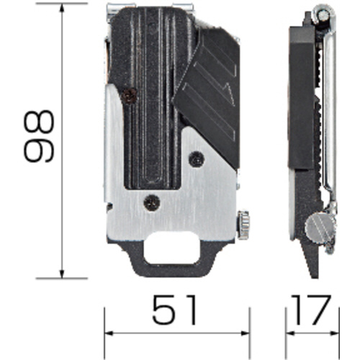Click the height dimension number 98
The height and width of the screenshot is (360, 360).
pyautogui.click(x=39, y=136)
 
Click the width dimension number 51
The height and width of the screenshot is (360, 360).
pyautogui.click(x=174, y=310)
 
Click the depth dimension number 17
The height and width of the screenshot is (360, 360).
pyautogui.click(x=311, y=310)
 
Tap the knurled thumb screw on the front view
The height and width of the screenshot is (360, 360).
pyautogui.click(x=244, y=225)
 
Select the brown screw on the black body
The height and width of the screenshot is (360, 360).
pyautogui.click(x=129, y=96)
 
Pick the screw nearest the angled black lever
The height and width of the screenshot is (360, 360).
pyautogui.click(x=197, y=159)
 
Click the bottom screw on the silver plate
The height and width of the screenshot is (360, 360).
pyautogui.click(x=152, y=203)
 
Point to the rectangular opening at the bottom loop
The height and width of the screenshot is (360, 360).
pyautogui.click(x=172, y=248)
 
